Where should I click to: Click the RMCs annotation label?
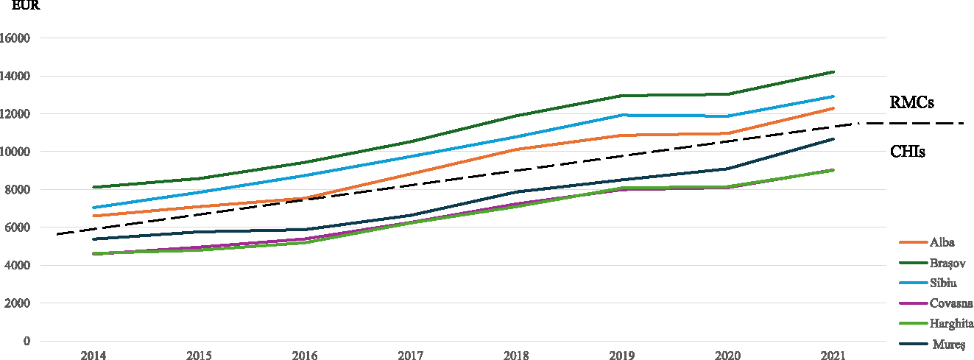pyautogui.click(x=911, y=102)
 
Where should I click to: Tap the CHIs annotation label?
pyautogui.click(x=908, y=152)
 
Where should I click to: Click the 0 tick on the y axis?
pyautogui.click(x=27, y=341)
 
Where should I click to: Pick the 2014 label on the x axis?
pyautogui.click(x=93, y=356)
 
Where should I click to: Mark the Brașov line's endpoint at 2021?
pyautogui.click(x=833, y=72)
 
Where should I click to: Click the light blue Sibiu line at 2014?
pyautogui.click(x=93, y=208)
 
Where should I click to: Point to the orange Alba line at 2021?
pyautogui.click(x=833, y=108)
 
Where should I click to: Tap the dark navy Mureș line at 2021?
pyautogui.click(x=833, y=138)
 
